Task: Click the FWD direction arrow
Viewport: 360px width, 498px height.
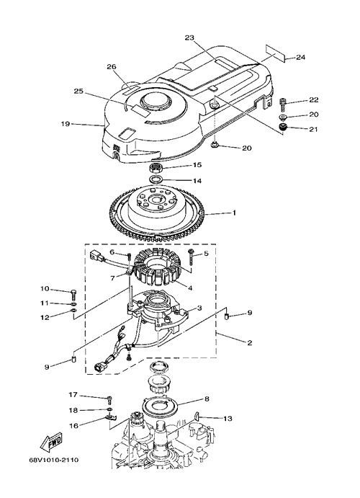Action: coord(51,443)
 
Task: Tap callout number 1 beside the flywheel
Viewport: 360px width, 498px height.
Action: coord(234,213)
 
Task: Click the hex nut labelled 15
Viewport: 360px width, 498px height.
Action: coord(156,166)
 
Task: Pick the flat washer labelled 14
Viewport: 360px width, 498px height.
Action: coord(156,179)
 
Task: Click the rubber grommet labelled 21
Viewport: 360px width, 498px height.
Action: coord(282,128)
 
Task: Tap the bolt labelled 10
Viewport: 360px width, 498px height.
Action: coord(73,295)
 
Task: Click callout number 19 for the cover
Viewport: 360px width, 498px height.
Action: coord(66,123)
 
